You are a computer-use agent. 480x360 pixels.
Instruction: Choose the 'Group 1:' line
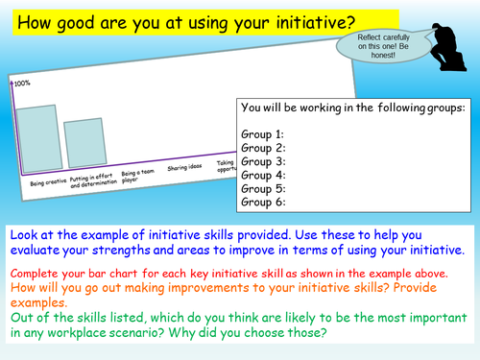(x=264, y=135)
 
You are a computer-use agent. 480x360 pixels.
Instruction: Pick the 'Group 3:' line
(x=264, y=162)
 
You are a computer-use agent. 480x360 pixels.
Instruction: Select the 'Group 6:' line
(x=264, y=203)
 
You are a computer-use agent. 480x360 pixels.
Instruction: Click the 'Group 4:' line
(x=264, y=176)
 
